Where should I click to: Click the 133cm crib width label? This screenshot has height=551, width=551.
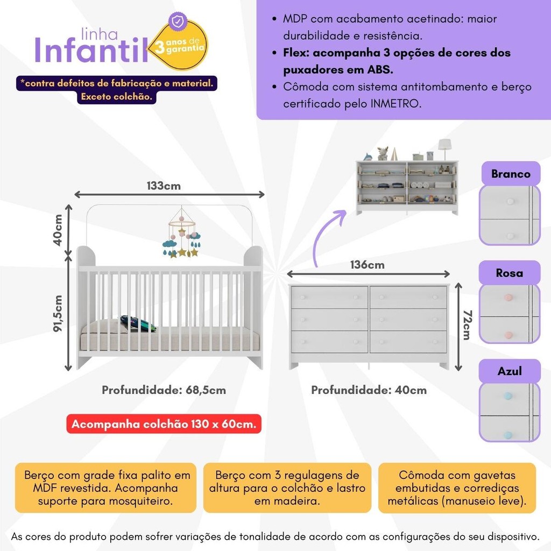[164, 186]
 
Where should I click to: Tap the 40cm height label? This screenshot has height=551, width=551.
[58, 230]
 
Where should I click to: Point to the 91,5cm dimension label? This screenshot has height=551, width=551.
[58, 314]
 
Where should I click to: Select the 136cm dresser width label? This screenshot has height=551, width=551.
[367, 265]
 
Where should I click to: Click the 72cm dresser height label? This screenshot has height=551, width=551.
[467, 325]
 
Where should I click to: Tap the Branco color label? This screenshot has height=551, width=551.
[511, 174]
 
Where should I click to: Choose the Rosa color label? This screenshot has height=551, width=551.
[509, 273]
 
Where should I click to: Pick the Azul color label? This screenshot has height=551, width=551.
[510, 371]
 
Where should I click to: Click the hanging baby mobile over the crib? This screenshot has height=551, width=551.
[182, 232]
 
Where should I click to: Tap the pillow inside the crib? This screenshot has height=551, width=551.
[138, 323]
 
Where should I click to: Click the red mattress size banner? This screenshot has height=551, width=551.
[164, 424]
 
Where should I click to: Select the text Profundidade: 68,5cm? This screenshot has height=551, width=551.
[164, 390]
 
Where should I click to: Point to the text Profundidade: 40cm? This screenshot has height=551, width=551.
[369, 390]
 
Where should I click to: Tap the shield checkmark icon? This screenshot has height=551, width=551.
[178, 21]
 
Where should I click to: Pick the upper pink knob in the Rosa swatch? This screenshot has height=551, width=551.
[507, 298]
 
